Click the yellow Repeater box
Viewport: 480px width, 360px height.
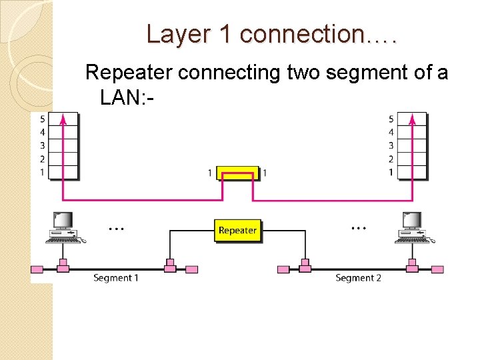point(237,230)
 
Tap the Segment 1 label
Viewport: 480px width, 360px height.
point(115,277)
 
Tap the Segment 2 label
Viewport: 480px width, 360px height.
point(358,277)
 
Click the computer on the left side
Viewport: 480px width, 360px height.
point(63,227)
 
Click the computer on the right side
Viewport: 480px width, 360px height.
point(412,227)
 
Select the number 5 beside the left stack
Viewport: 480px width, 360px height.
point(42,119)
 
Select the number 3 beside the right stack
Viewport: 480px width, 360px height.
point(391,145)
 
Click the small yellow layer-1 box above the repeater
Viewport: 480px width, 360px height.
point(237,173)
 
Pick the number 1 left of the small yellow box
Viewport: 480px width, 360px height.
point(210,173)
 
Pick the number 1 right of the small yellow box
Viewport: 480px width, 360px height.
point(265,173)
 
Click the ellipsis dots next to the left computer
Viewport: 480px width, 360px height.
point(116,228)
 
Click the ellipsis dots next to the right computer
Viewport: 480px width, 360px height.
point(359,228)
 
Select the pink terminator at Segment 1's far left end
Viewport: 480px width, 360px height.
point(37,269)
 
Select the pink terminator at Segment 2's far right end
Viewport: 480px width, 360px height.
point(437,269)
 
